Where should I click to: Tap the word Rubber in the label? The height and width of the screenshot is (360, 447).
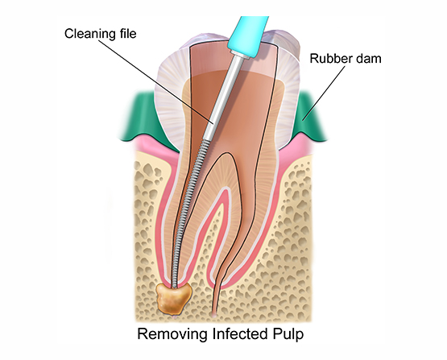click(x=328, y=59)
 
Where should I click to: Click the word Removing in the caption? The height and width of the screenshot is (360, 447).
click(x=172, y=334)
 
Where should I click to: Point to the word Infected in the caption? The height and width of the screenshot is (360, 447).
click(x=239, y=333)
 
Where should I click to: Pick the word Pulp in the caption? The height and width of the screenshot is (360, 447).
click(x=288, y=334)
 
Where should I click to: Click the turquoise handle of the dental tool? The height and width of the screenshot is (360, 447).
click(x=248, y=35)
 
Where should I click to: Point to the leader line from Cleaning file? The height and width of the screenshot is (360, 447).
click(x=156, y=82)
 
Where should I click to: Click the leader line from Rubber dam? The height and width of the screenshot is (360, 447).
click(x=324, y=93)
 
